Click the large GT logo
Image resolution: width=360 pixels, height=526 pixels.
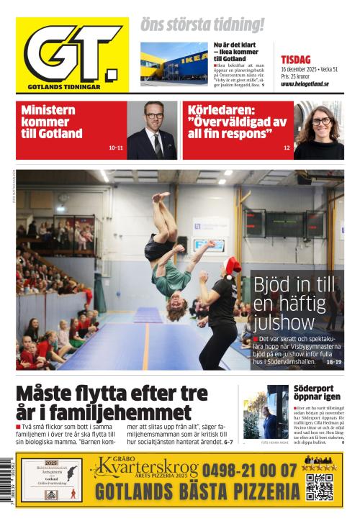click(x=72, y=54)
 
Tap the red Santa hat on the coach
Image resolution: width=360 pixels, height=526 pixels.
click(x=232, y=267)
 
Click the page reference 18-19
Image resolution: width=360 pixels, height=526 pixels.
click(x=333, y=362)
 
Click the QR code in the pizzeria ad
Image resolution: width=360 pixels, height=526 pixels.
click(x=319, y=486)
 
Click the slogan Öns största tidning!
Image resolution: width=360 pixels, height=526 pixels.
click(x=202, y=25)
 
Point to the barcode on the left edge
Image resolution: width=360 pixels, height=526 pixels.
click(x=8, y=479)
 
